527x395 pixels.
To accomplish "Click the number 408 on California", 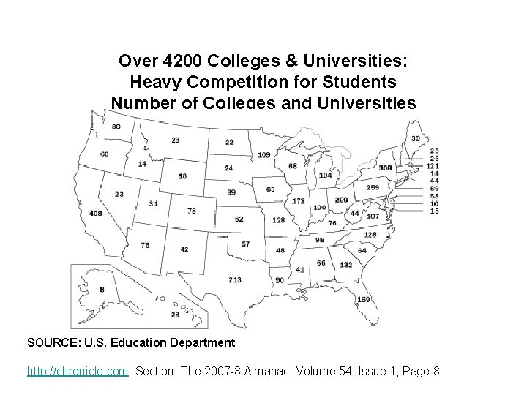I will pyautogui.click(x=96, y=213).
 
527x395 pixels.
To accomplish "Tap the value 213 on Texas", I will pyautogui.click(x=235, y=279).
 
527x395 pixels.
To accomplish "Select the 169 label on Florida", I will pyautogui.click(x=363, y=299).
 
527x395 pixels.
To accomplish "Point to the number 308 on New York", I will pyautogui.click(x=385, y=168).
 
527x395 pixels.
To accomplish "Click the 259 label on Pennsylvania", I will pyautogui.click(x=373, y=187).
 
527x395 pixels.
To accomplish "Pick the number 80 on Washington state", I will pyautogui.click(x=116, y=127).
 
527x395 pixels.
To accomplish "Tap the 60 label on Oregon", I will pyautogui.click(x=104, y=154).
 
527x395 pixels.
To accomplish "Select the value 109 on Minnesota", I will pyautogui.click(x=263, y=154).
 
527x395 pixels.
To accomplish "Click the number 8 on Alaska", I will pyautogui.click(x=102, y=290).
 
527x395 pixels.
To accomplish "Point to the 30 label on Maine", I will pyautogui.click(x=416, y=139).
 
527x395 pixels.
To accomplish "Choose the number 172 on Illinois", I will pyautogui.click(x=298, y=201).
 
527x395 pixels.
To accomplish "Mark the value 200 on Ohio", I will pyautogui.click(x=341, y=200).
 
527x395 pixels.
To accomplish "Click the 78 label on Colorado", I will pyautogui.click(x=192, y=211).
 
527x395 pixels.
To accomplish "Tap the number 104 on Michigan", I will pyautogui.click(x=326, y=175).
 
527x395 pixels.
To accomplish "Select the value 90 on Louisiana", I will pyautogui.click(x=280, y=280).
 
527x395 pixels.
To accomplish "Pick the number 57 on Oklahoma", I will pyautogui.click(x=245, y=244).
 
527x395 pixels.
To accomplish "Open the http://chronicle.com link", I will pyautogui.click(x=78, y=372).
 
